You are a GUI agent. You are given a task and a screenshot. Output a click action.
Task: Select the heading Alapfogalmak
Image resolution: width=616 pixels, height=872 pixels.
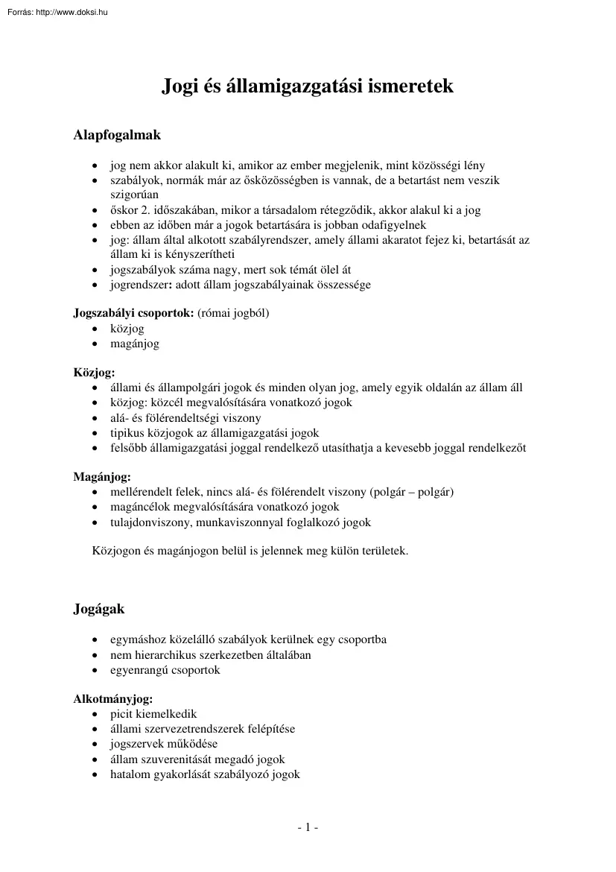117,136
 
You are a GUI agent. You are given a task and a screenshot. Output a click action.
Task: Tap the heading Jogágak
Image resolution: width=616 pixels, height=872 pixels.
99,609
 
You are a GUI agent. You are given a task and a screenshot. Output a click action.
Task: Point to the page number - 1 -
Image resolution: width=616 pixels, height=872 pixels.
308,827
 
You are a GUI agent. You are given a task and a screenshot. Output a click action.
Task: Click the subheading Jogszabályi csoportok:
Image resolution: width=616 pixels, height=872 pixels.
133,313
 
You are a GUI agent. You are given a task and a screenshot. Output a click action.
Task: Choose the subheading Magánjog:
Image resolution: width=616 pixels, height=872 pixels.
102,477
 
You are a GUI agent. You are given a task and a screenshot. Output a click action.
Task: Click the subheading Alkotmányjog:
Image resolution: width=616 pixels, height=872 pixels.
112,699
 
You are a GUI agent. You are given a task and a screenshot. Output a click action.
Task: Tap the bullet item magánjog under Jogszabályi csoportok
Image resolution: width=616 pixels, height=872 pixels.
135,344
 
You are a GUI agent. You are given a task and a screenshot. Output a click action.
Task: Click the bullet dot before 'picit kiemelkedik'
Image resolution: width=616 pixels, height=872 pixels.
94,715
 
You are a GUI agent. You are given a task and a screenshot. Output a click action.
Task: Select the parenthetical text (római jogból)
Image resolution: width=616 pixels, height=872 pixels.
233,313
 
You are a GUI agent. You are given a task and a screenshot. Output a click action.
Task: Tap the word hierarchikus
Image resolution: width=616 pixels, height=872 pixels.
165,655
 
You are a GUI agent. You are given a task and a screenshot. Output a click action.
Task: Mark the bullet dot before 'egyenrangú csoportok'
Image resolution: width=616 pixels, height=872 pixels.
94,670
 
